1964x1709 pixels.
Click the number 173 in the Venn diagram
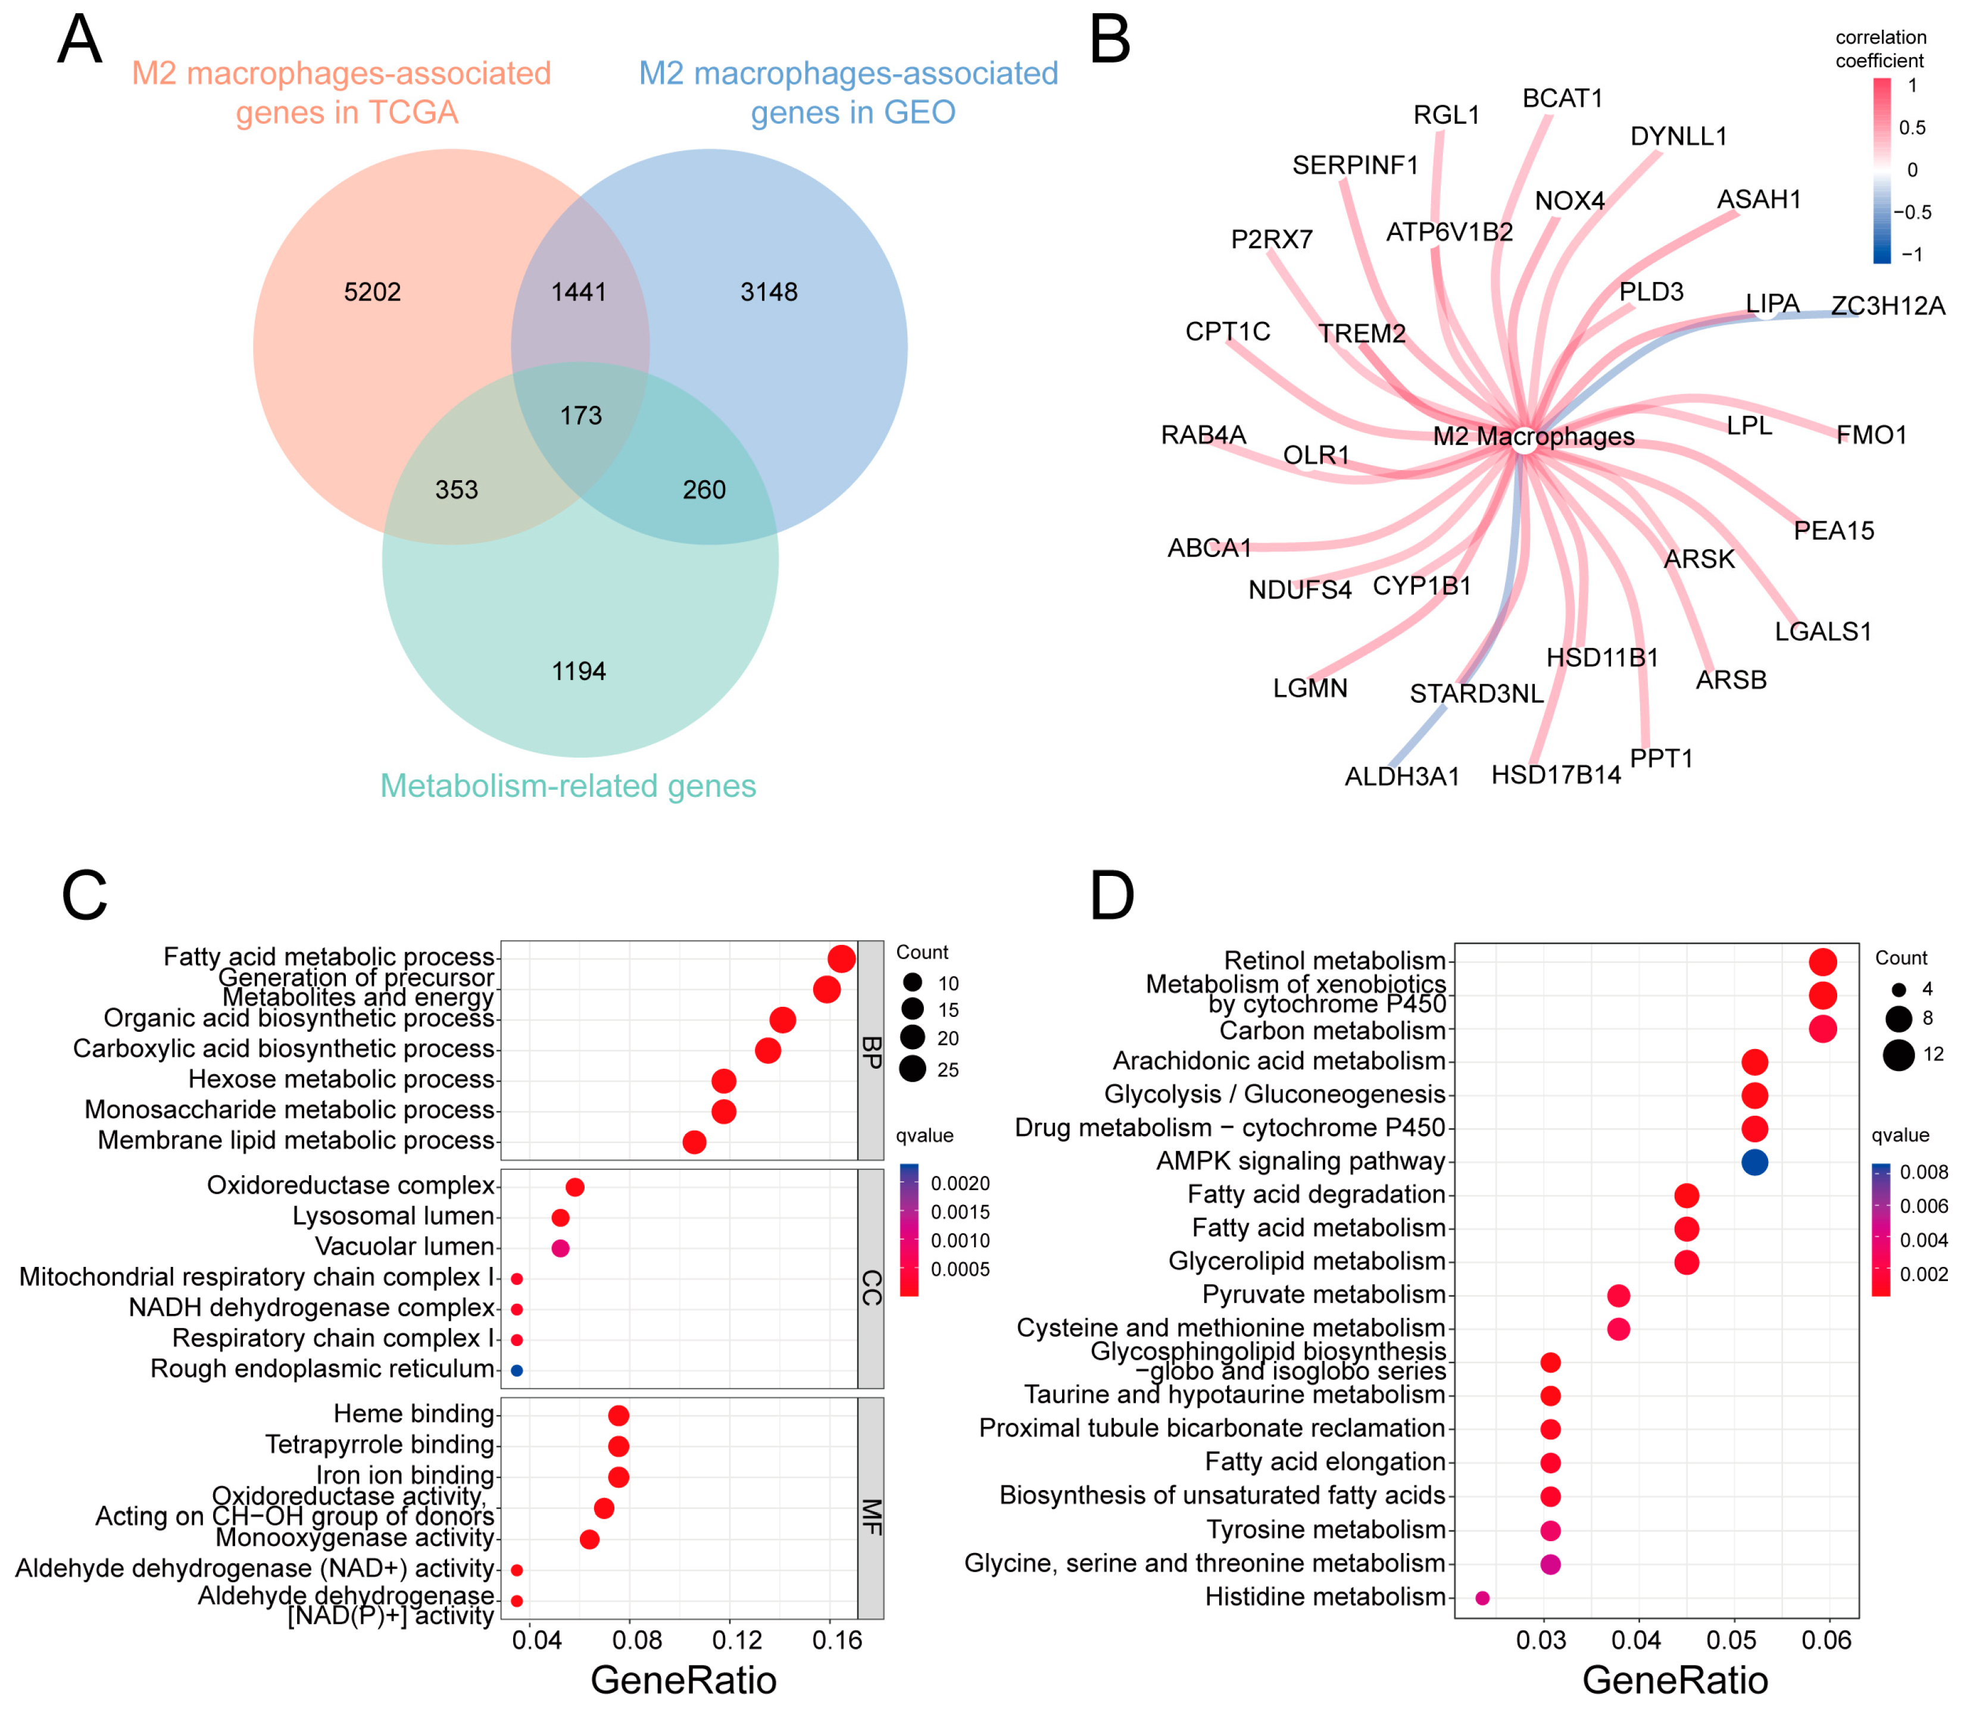coord(581,416)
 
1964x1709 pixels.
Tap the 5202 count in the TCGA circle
coord(372,292)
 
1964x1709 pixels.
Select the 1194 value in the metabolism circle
coord(579,671)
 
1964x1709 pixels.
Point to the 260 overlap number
coord(704,490)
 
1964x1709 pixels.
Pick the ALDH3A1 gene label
coord(1401,777)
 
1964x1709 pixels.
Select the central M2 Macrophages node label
coord(1533,437)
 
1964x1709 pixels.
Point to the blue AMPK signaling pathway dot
coord(1754,1162)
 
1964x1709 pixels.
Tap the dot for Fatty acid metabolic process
coord(841,959)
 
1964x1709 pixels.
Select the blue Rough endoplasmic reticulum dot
coord(517,1370)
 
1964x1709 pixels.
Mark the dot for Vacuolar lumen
coord(561,1247)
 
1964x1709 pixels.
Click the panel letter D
coord(1111,897)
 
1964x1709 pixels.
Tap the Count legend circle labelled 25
coord(913,1069)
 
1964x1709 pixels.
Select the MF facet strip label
coord(871,1516)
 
